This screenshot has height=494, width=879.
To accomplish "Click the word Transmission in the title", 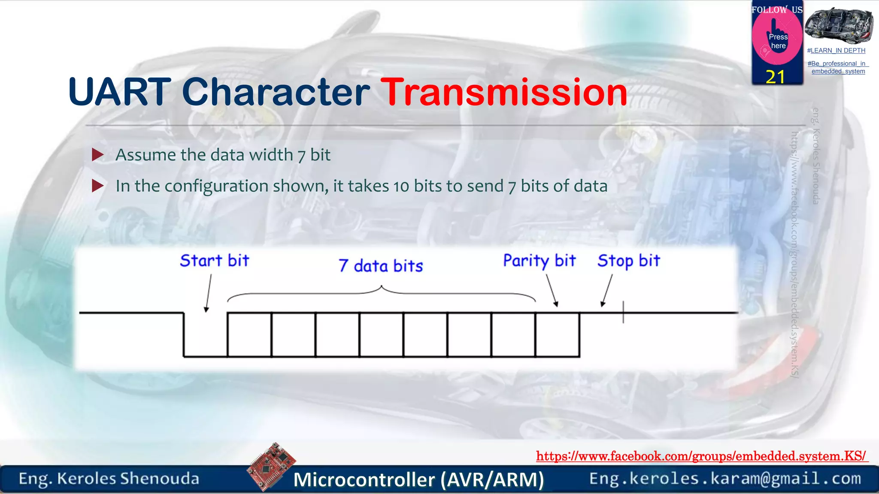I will click(504, 92).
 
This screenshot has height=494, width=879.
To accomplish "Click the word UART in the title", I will click(119, 92).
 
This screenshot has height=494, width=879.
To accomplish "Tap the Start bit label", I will click(214, 261).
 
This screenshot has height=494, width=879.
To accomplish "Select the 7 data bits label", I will click(380, 266).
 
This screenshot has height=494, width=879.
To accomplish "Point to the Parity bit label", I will click(539, 261).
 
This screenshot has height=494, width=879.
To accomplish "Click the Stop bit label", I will click(628, 261).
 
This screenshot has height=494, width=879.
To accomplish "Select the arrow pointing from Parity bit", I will click(552, 290).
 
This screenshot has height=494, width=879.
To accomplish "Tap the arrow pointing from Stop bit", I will click(607, 290).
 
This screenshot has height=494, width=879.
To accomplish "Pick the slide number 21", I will click(775, 77).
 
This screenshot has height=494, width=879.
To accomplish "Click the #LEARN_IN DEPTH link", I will click(836, 51).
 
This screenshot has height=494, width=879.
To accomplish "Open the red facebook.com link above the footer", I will click(701, 456).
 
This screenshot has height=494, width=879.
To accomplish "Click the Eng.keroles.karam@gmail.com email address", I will click(725, 479).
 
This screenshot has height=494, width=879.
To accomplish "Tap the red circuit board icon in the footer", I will click(271, 466).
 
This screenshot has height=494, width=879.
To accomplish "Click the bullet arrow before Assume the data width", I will click(98, 155).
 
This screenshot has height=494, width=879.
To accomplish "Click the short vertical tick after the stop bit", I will click(623, 312).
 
